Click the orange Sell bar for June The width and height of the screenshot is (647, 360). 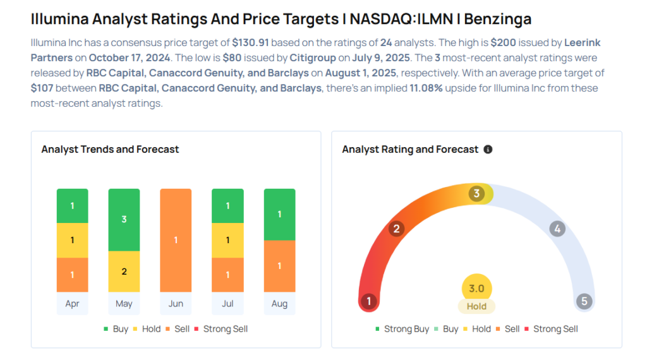(176, 240)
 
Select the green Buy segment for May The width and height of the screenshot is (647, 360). (124, 220)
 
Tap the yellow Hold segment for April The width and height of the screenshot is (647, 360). (72, 240)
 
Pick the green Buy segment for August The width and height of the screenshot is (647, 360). (279, 214)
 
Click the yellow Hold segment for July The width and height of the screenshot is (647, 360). (227, 240)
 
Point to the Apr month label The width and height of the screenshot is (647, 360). (72, 304)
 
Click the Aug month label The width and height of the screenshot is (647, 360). (279, 304)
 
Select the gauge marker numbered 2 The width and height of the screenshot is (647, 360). (397, 229)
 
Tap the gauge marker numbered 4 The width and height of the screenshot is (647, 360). (557, 229)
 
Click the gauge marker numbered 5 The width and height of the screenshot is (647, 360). (584, 301)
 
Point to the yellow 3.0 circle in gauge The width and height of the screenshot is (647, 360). (476, 289)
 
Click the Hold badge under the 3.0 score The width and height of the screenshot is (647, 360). (476, 306)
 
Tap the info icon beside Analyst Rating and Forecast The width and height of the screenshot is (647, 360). (488, 150)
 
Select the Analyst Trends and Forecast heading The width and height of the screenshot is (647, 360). (110, 150)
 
